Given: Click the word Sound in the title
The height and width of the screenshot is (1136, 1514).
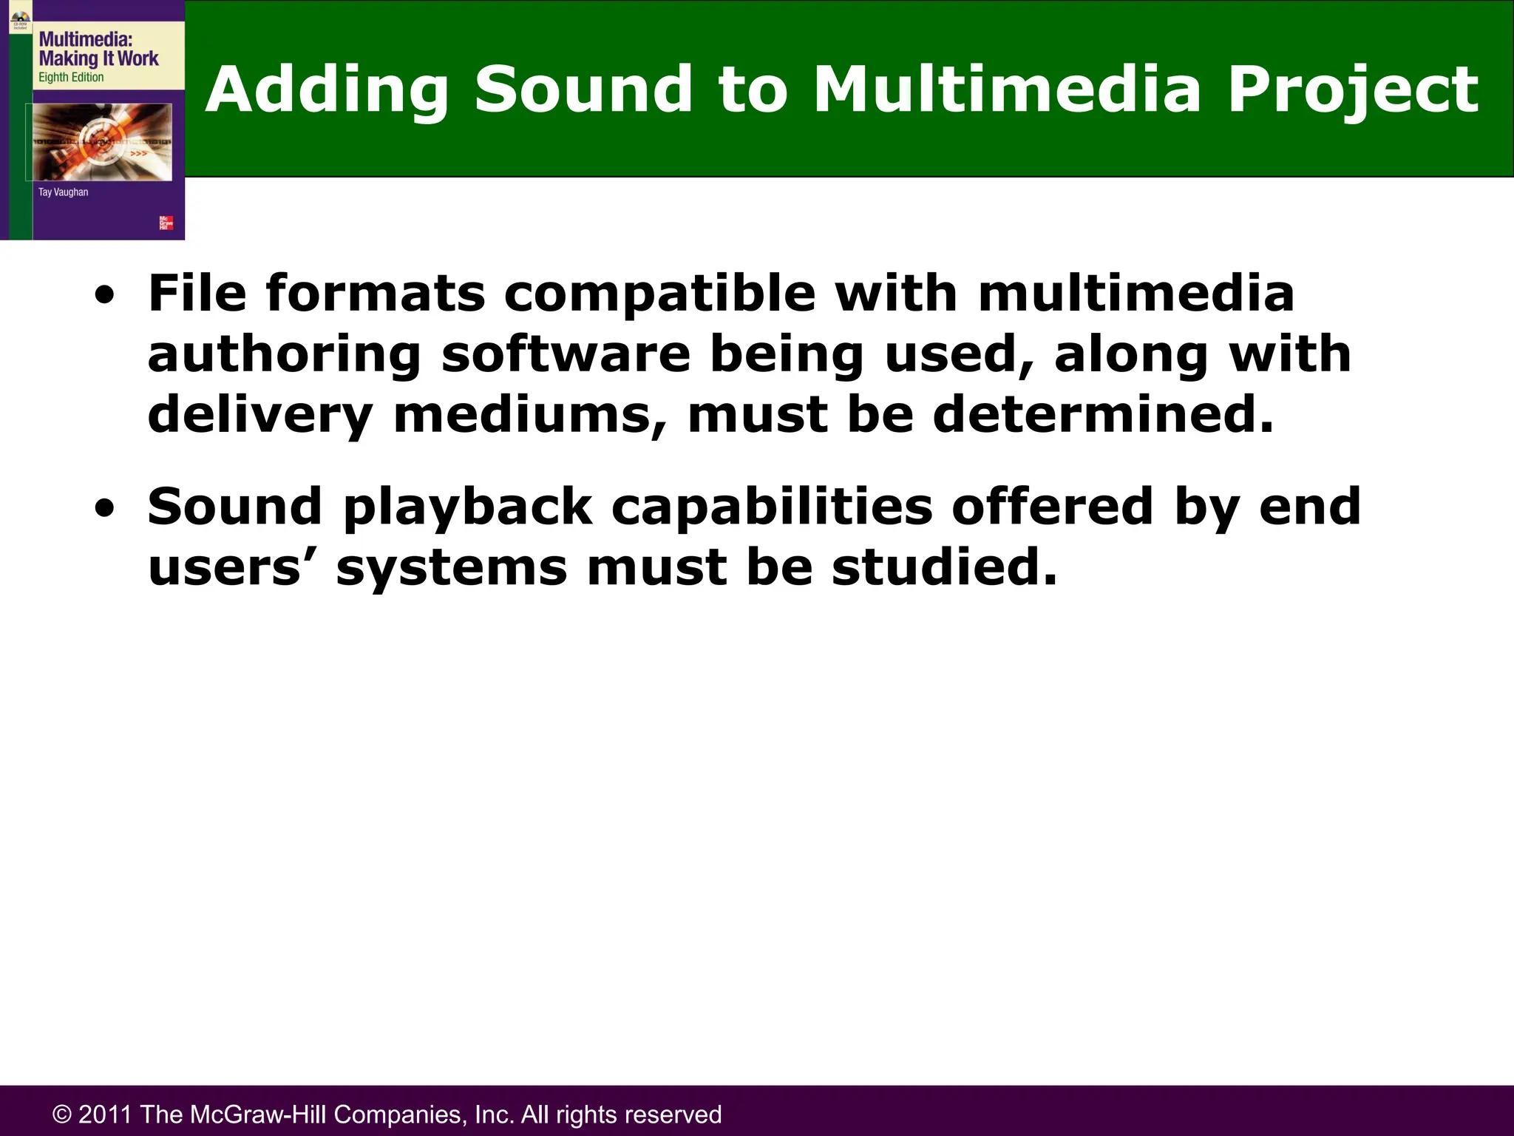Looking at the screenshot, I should [583, 89].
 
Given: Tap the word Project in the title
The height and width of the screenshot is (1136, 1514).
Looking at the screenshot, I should [1352, 89].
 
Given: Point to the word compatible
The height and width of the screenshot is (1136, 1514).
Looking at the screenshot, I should [659, 294].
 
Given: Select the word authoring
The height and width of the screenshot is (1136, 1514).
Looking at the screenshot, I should [284, 355].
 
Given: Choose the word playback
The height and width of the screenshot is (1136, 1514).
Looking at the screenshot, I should [468, 509].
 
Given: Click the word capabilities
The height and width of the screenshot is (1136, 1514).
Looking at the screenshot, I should [772, 509].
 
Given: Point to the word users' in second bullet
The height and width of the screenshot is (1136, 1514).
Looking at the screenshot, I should [232, 568].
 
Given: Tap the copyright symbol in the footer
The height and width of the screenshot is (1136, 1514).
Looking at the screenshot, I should [62, 1115].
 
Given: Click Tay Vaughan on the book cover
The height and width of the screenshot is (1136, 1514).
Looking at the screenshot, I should [63, 192].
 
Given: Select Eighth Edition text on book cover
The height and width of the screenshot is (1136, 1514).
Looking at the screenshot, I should [71, 78].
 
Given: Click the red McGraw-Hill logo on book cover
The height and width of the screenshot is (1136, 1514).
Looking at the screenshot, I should [166, 223].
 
